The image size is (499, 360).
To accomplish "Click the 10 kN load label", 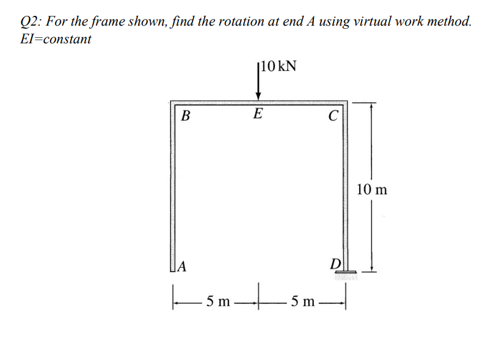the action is click(x=279, y=66).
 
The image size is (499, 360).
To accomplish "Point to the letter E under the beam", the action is click(x=258, y=113).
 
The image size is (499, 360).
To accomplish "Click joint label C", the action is click(x=332, y=115).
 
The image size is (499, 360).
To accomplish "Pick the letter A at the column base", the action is click(x=182, y=266).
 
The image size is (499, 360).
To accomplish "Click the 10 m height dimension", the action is click(x=371, y=189).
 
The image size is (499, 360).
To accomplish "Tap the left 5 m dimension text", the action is click(x=218, y=300).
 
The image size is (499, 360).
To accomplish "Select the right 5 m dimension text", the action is click(x=304, y=300).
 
